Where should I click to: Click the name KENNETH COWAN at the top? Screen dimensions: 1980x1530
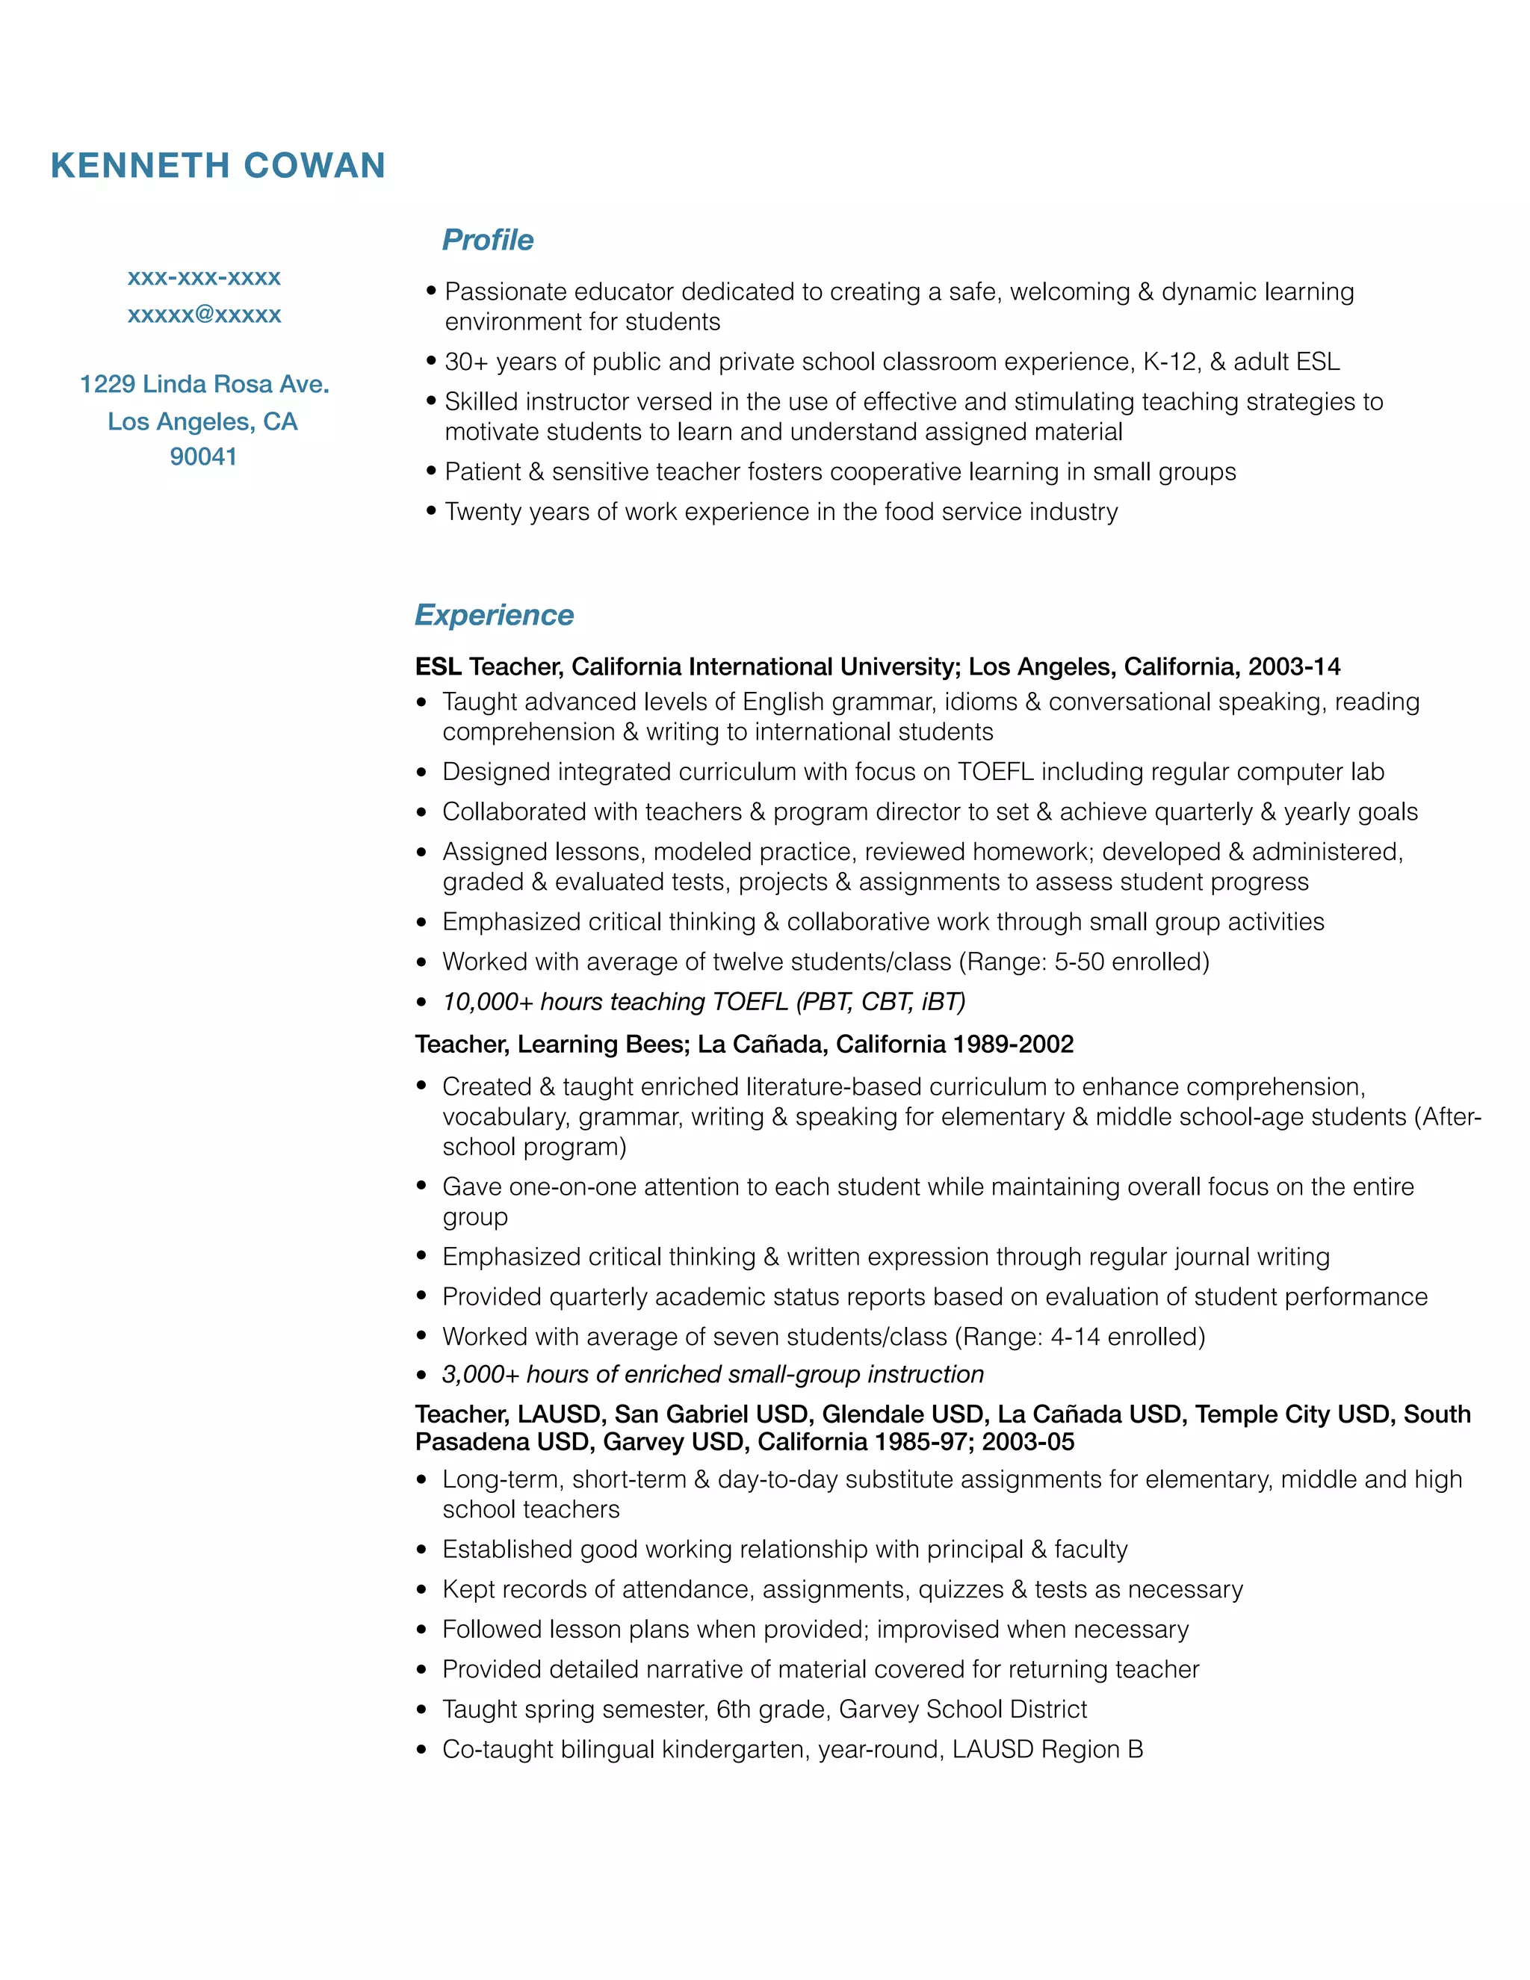[218, 166]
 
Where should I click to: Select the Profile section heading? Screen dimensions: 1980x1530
[487, 241]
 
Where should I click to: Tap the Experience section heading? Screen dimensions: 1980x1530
[494, 615]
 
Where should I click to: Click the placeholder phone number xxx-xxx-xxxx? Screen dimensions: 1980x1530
[204, 277]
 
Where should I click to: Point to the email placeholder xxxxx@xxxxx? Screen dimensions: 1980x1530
[204, 315]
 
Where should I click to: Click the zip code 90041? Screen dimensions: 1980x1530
[203, 457]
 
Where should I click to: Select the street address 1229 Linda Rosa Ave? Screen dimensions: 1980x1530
[204, 384]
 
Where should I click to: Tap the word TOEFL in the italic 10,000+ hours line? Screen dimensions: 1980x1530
[749, 1002]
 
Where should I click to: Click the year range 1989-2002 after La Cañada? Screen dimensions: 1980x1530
[1012, 1045]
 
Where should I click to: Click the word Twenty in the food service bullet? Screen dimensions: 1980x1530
[482, 513]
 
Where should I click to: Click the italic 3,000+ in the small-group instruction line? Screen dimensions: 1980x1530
[480, 1374]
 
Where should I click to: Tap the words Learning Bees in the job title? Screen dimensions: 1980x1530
[603, 1045]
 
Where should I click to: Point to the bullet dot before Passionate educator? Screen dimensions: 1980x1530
[432, 291]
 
